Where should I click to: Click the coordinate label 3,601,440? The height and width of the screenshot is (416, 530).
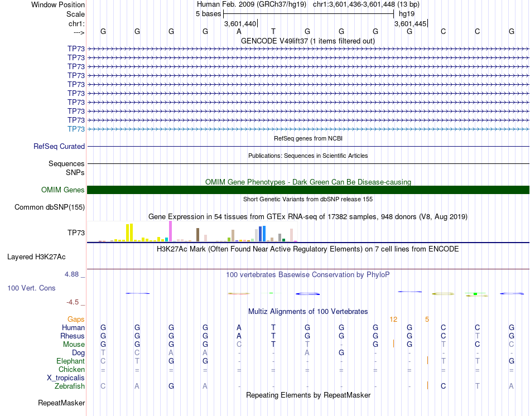tap(240, 24)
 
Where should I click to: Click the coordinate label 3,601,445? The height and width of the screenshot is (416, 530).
tap(411, 24)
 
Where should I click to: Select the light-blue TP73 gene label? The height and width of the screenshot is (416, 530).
tap(76, 129)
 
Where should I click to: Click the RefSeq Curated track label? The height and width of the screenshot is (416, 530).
tap(59, 147)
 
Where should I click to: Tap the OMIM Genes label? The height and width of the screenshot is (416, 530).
tap(63, 190)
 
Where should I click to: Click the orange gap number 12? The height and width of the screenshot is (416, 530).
tap(393, 319)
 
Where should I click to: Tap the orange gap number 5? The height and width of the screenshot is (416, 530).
tap(427, 319)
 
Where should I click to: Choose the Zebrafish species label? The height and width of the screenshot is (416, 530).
tap(70, 386)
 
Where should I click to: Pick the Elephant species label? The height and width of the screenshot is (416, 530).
tap(71, 361)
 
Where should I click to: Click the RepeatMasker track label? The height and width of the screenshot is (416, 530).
tap(61, 403)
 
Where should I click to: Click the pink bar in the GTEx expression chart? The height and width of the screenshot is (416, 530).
tap(170, 231)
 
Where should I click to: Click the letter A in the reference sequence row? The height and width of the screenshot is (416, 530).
tap(239, 31)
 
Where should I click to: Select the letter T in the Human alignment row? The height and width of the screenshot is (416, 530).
tap(273, 327)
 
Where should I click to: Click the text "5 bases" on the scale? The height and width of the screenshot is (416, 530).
tap(209, 13)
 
